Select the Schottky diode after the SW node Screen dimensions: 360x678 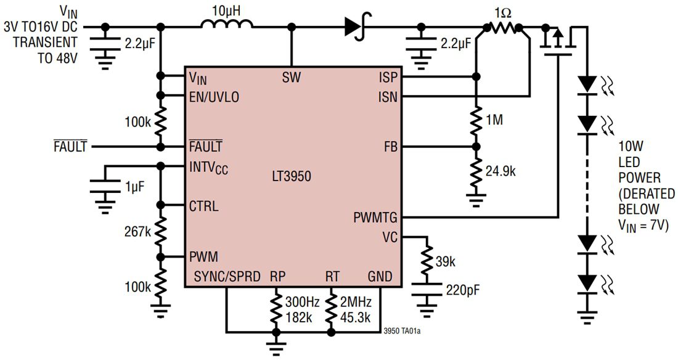354,26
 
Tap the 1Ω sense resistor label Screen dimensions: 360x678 502,12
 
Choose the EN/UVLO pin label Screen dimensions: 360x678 214,97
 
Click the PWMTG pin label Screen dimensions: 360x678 375,218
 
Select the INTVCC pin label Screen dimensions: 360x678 210,167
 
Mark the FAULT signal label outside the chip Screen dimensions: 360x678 70,147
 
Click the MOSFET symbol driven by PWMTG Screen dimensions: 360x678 558,40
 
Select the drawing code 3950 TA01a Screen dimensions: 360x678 403,331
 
